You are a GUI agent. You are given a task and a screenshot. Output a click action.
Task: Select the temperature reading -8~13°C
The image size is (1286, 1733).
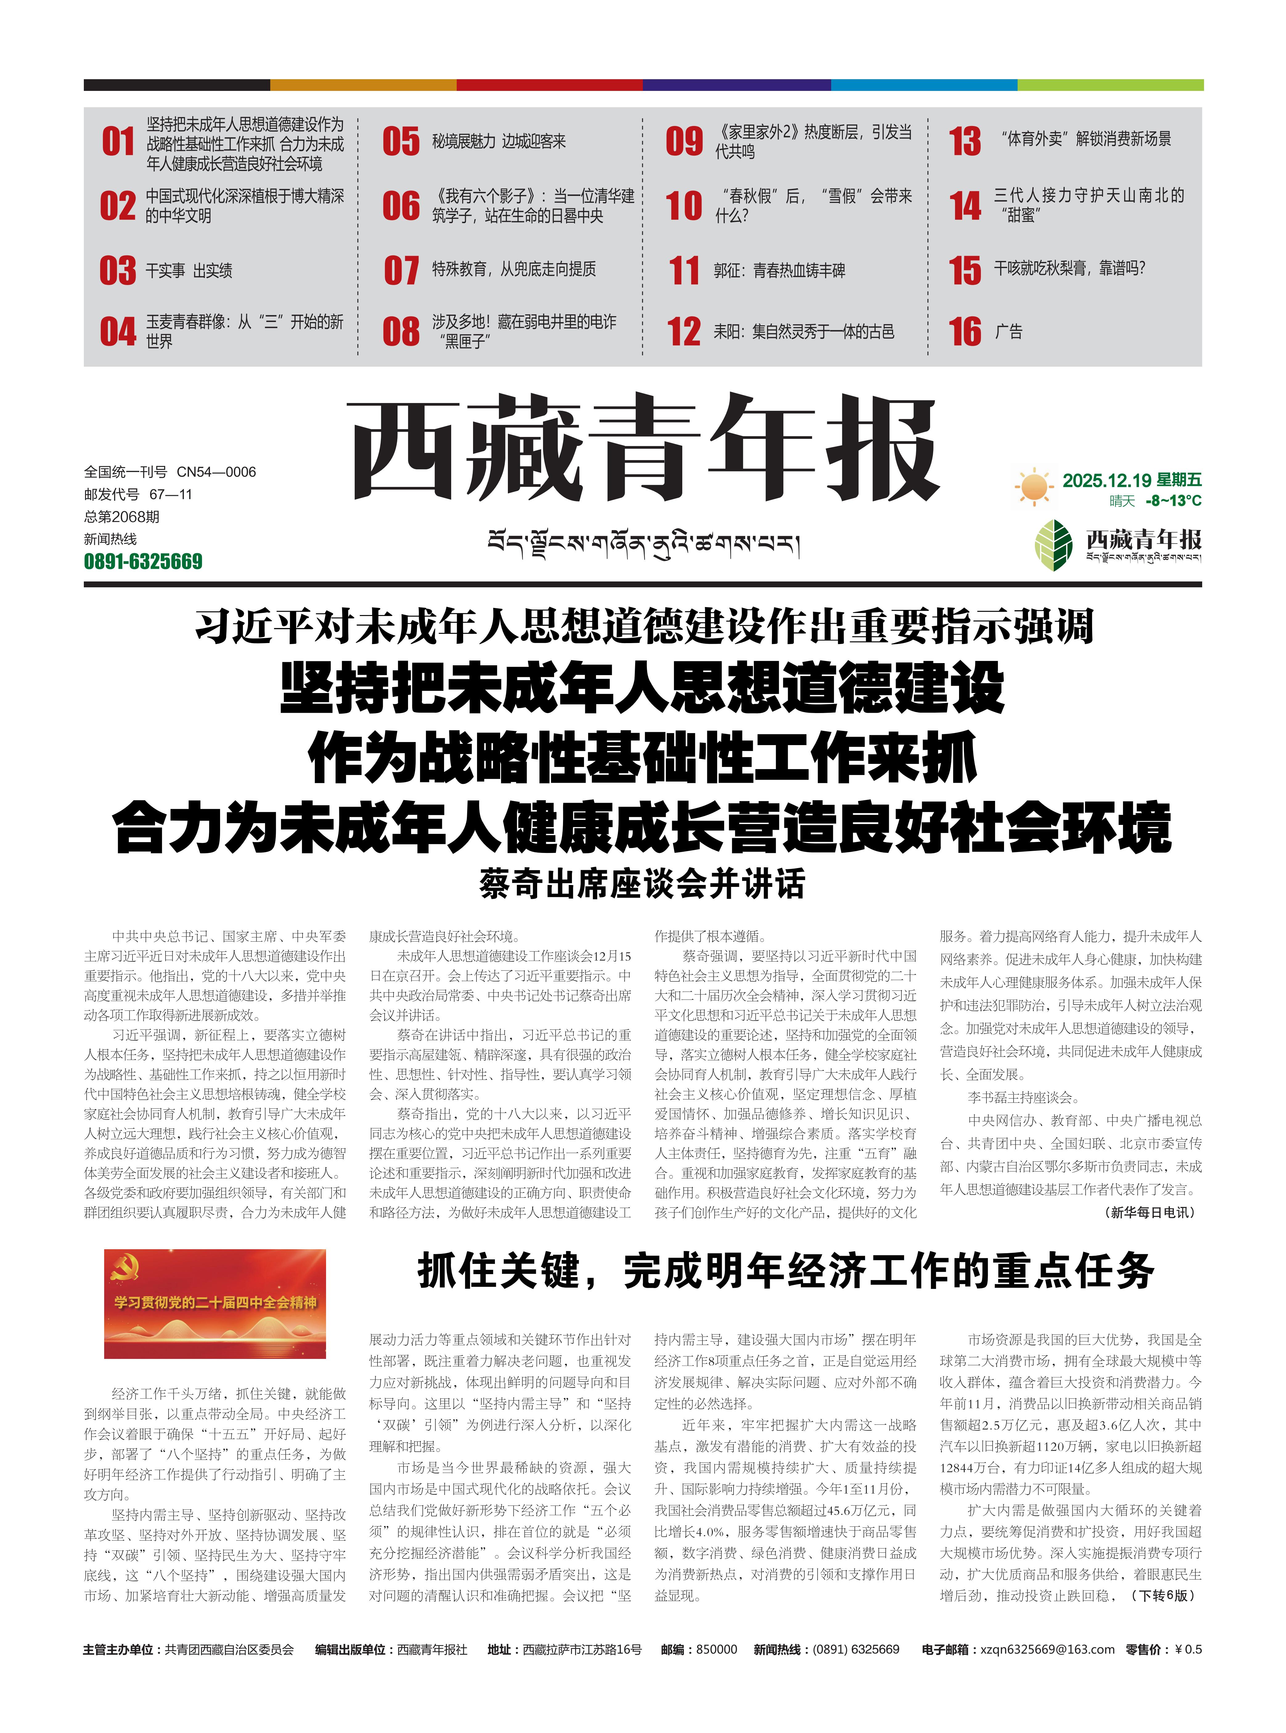click(1173, 501)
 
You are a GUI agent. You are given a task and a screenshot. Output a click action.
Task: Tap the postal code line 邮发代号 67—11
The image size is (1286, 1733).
click(138, 494)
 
